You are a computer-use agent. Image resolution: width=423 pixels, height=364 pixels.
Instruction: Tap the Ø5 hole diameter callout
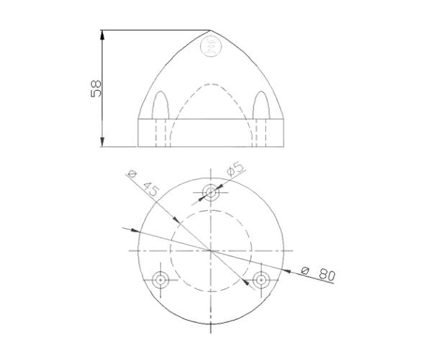pyautogui.click(x=235, y=169)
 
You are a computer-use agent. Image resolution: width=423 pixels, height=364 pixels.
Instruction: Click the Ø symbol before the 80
pyautogui.click(x=305, y=270)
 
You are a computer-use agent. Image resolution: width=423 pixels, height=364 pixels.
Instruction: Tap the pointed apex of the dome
pyautogui.click(x=209, y=30)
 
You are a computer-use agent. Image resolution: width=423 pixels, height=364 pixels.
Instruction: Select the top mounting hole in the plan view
pyautogui.click(x=210, y=192)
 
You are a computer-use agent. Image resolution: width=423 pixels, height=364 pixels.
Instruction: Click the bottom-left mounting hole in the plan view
pyautogui.click(x=160, y=280)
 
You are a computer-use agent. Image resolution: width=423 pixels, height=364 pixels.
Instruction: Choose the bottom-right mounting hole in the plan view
pyautogui.click(x=260, y=279)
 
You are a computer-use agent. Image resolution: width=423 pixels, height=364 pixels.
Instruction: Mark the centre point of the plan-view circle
pyautogui.click(x=210, y=250)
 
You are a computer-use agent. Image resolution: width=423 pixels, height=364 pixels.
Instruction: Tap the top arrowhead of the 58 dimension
pyautogui.click(x=102, y=35)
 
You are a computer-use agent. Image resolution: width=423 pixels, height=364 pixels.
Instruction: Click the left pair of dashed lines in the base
pyautogui.click(x=161, y=132)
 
